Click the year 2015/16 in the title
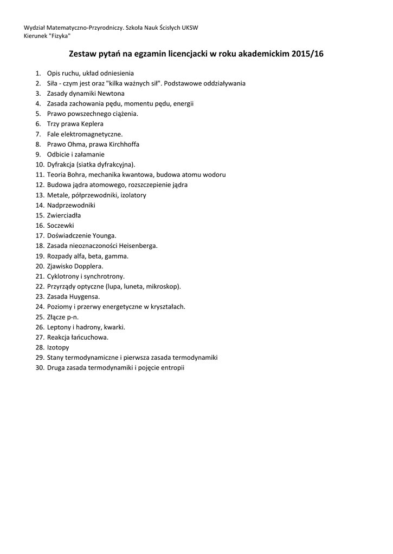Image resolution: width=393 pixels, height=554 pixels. pos(307,54)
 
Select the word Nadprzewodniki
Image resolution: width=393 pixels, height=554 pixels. pos(71,205)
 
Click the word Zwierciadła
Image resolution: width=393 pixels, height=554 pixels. pos(64,215)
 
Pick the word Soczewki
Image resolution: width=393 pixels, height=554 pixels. pos(60,225)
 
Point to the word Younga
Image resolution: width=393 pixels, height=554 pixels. pos(105,235)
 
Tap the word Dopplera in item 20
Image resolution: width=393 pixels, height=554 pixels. pos(89,266)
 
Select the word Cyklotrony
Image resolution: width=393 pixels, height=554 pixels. pos(64,276)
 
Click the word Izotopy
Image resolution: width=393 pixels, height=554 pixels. pos(58,347)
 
